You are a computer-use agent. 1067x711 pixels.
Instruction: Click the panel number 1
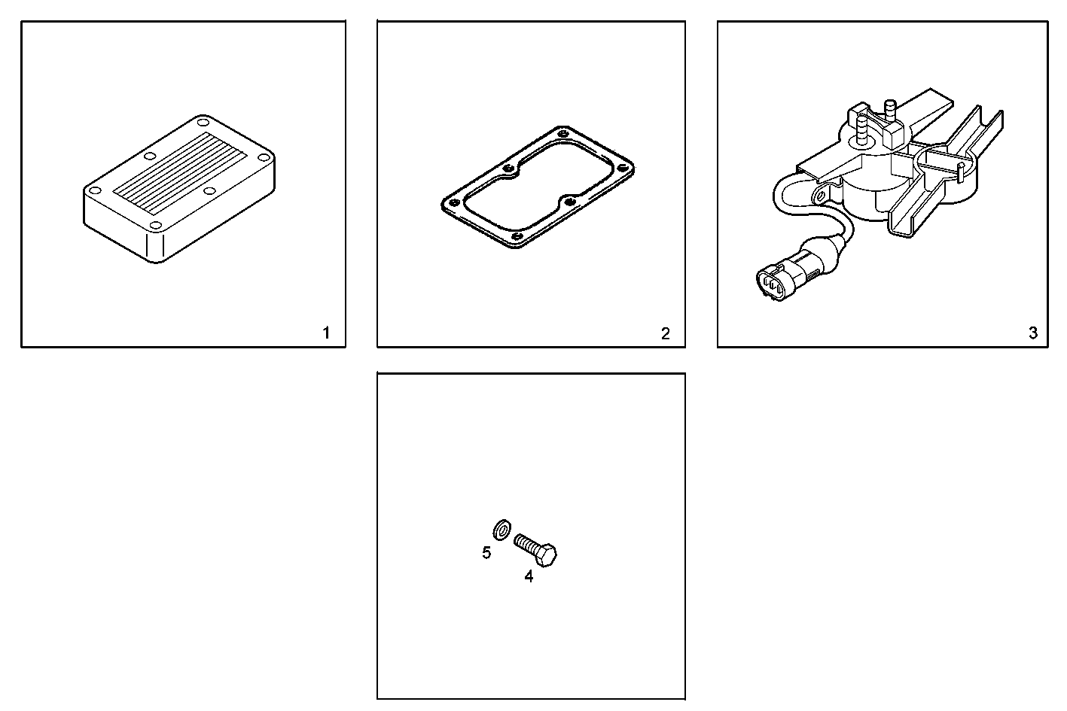[x=326, y=333]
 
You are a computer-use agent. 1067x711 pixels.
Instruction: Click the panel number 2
[x=665, y=333]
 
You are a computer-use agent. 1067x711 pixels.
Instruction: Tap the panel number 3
[x=1032, y=333]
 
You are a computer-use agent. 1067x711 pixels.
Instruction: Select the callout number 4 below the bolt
[x=529, y=577]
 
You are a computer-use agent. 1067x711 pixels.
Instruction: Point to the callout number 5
[x=486, y=553]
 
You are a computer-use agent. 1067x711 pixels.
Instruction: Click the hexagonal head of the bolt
[x=547, y=557]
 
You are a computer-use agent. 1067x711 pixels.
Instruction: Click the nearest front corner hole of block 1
[x=154, y=226]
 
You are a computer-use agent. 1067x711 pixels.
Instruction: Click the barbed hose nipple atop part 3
[x=888, y=109]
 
